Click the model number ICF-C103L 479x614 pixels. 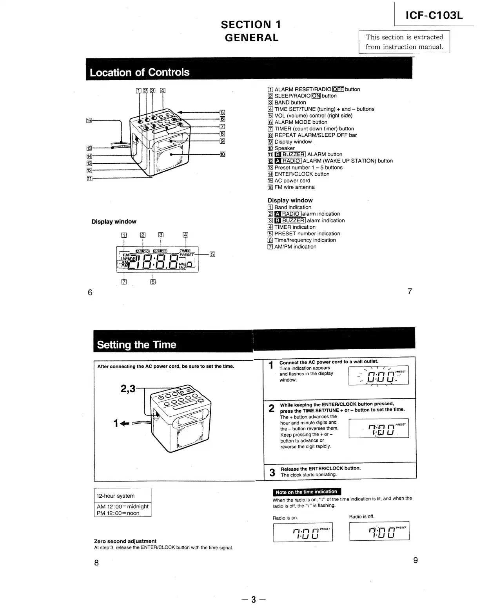434,15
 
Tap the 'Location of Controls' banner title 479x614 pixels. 140,72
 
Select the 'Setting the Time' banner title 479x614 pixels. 136,345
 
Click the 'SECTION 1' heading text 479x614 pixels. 251,25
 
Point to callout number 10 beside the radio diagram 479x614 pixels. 222,154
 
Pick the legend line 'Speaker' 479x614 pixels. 284,148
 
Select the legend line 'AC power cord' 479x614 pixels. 292,181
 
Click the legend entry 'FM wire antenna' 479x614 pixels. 294,187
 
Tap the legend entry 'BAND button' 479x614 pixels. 290,103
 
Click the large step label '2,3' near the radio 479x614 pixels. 128,388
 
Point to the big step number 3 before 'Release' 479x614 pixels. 272,472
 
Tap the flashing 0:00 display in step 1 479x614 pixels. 378,377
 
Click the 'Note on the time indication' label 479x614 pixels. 306,492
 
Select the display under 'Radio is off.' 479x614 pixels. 379,531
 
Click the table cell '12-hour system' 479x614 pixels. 116,496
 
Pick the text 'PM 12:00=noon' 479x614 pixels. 118,513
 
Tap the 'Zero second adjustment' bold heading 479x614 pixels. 125,541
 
